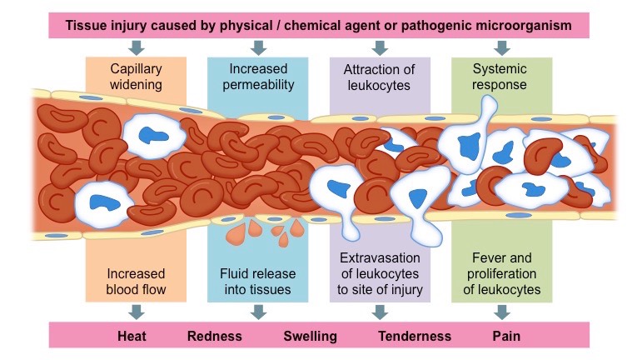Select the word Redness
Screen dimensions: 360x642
215,336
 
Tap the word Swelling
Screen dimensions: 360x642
310,336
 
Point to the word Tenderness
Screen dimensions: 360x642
415,336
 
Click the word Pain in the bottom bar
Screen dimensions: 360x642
507,336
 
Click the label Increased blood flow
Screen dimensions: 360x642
137,282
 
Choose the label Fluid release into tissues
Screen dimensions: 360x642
258,282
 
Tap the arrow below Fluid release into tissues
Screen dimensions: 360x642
259,312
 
